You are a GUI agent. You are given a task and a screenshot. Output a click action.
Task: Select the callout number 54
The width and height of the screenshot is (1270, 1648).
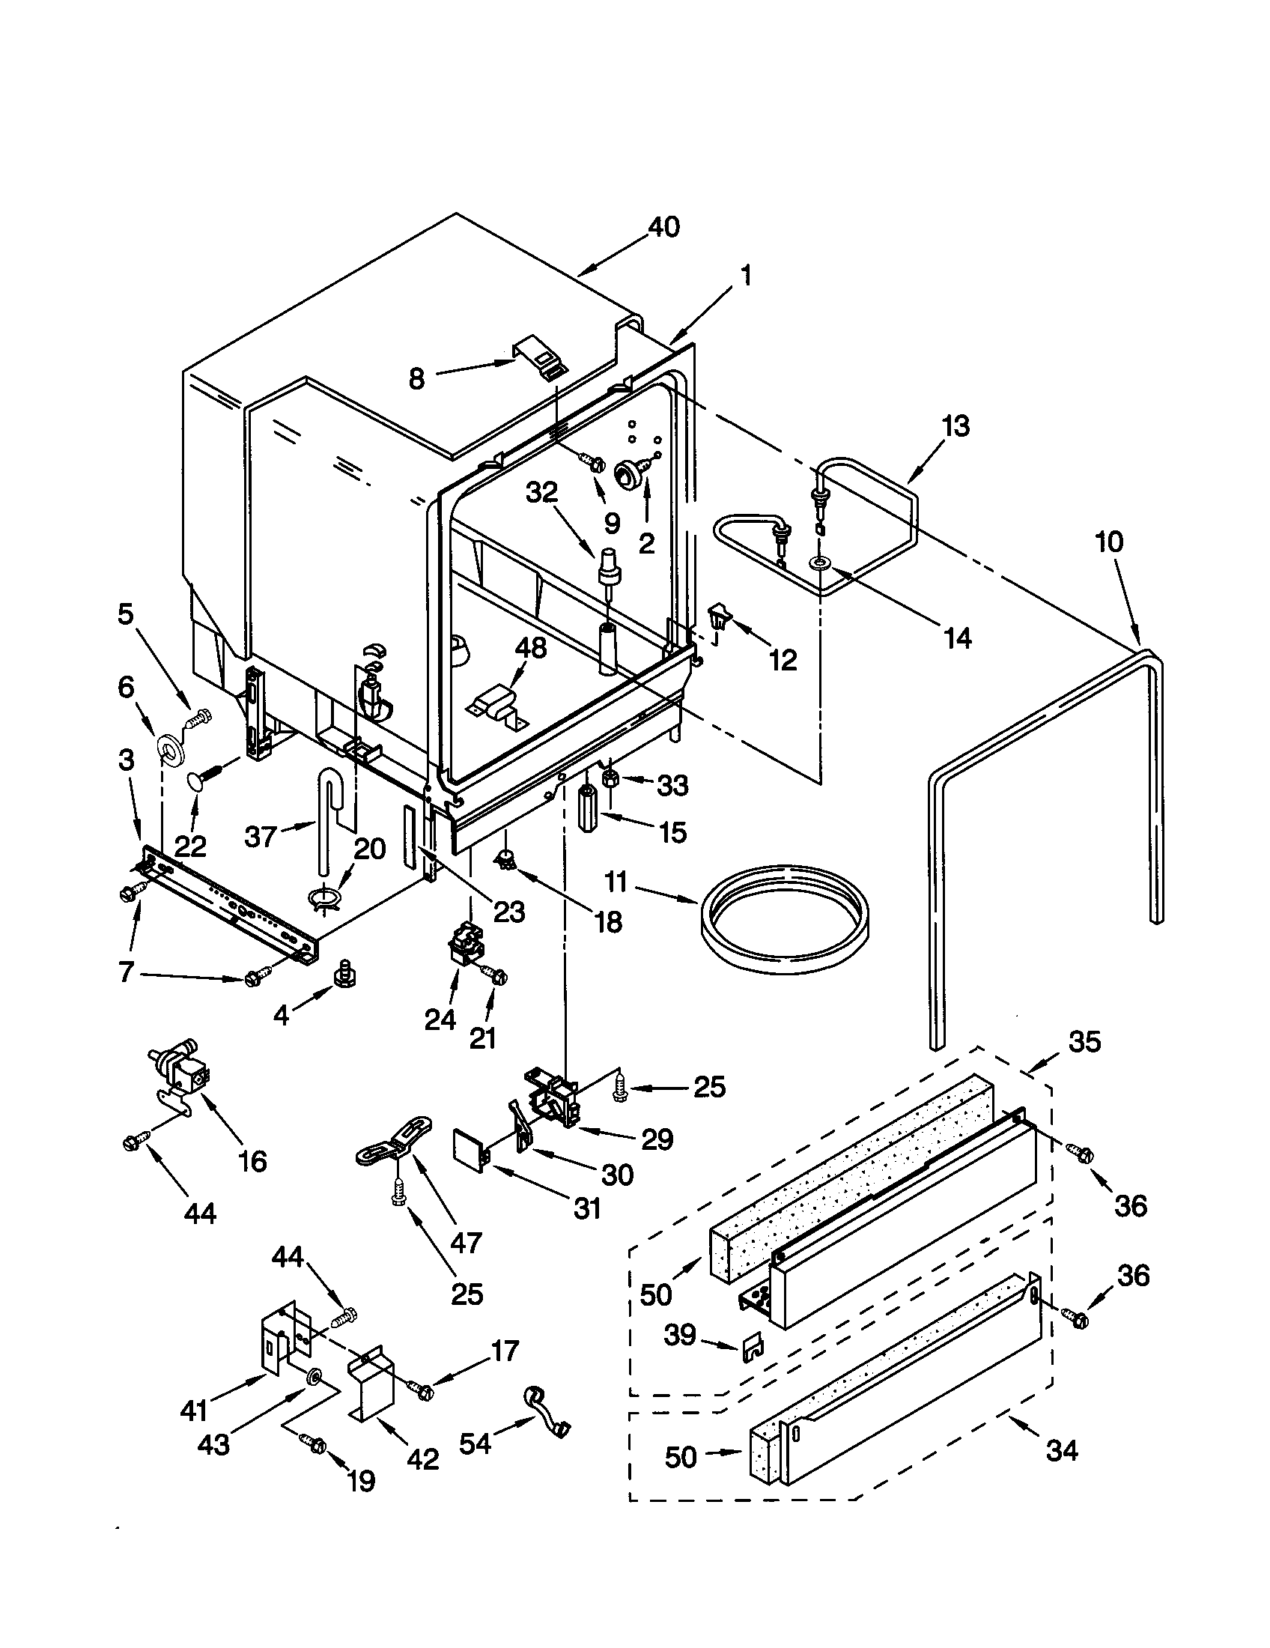[x=475, y=1443]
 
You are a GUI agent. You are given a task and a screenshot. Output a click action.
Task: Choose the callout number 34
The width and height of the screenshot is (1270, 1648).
[x=1061, y=1449]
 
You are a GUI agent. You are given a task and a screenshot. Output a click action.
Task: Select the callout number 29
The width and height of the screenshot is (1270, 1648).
[x=656, y=1139]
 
